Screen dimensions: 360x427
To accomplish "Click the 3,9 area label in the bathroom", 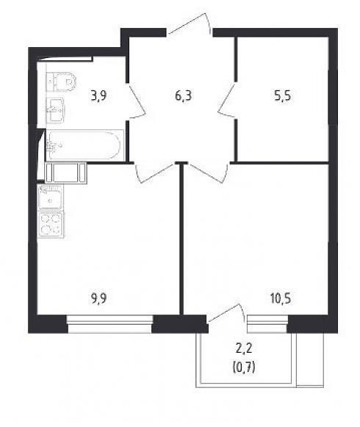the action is pyautogui.click(x=98, y=96).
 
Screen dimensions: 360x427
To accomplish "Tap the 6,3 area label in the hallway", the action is pyautogui.click(x=184, y=96).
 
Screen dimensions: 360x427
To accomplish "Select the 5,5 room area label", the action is pyautogui.click(x=282, y=96).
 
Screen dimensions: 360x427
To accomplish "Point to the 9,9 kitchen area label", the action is pyautogui.click(x=99, y=298).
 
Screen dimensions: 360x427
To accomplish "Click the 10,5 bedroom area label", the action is pyautogui.click(x=281, y=298).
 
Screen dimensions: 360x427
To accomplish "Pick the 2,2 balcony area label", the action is pyautogui.click(x=244, y=349).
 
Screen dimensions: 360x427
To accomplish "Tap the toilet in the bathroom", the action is pyautogui.click(x=61, y=81).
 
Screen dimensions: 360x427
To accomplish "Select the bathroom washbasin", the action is pyautogui.click(x=55, y=110).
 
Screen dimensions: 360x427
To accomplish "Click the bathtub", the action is pyautogui.click(x=84, y=146).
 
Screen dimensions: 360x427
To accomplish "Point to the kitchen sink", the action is pyautogui.click(x=51, y=197).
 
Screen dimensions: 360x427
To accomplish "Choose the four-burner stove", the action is pyautogui.click(x=51, y=225).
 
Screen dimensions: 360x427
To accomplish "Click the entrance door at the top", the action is pyautogui.click(x=190, y=24).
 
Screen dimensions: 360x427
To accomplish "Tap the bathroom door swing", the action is pyautogui.click(x=136, y=101).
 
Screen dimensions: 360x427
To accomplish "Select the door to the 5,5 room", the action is pyautogui.click(x=227, y=101).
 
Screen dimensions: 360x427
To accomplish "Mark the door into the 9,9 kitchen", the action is pyautogui.click(x=155, y=173).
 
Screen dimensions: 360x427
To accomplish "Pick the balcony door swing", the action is pyautogui.click(x=226, y=314).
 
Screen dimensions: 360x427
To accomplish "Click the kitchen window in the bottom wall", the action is pyautogui.click(x=110, y=324).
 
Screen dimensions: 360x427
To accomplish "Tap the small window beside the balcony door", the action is pyautogui.click(x=267, y=324).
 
